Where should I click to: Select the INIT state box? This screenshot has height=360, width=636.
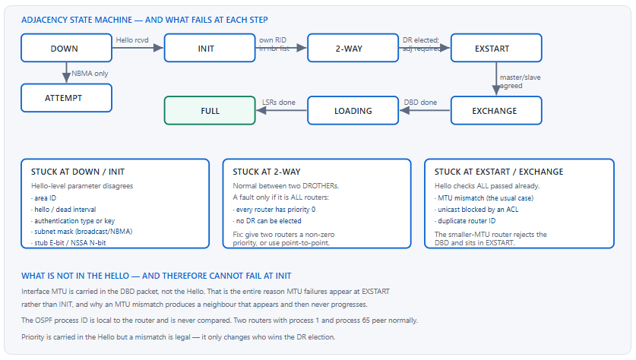point(210,48)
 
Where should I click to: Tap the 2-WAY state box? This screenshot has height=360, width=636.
point(353,48)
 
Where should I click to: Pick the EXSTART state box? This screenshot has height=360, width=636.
point(496,48)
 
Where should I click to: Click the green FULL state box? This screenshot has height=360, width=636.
point(210,110)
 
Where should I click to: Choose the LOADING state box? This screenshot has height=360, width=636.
point(353,110)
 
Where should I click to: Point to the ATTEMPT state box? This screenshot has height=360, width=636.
point(67,98)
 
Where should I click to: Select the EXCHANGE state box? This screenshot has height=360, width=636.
point(496,110)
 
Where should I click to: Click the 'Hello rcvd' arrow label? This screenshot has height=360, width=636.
point(132,40)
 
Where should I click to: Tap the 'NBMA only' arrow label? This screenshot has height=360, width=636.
point(90,74)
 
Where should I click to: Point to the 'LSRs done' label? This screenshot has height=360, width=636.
point(279,103)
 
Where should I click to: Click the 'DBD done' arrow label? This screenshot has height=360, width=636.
point(420,103)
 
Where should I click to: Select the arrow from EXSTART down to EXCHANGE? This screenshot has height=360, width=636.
point(496,79)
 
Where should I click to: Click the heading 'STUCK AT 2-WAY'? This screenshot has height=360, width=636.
point(267,172)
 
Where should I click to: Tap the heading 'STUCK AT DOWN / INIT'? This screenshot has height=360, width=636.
point(78,172)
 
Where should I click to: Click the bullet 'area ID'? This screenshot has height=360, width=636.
point(43,198)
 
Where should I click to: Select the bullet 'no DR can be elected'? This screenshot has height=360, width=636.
point(267,221)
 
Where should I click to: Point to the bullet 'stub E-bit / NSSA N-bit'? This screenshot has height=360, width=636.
point(68,243)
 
